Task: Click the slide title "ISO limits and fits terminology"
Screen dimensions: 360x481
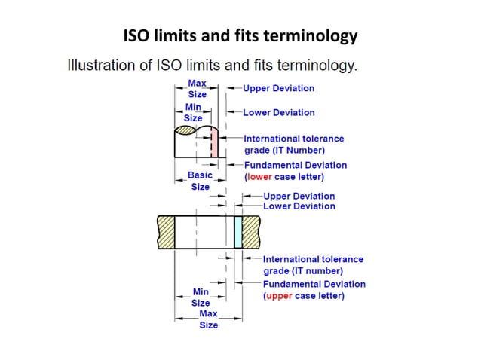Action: (240, 35)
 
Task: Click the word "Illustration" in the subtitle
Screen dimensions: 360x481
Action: (97, 65)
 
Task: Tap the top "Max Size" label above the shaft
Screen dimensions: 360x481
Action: (197, 88)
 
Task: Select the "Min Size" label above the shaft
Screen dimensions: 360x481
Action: (193, 113)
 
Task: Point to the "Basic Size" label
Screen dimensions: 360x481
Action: (200, 181)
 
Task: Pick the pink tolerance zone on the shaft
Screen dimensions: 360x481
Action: (214, 145)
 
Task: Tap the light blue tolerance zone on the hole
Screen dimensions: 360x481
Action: (238, 228)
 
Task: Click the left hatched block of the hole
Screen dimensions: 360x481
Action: (166, 228)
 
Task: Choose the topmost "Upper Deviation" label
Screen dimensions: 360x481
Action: (278, 88)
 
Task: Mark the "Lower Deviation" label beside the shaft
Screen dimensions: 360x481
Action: (278, 113)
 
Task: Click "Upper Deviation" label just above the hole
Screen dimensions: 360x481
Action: (299, 196)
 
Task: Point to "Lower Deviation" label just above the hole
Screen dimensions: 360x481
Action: (299, 206)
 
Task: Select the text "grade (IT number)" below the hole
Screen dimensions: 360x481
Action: (302, 270)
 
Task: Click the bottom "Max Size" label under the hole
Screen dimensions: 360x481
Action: (208, 319)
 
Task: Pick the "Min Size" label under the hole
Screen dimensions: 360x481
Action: (201, 297)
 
